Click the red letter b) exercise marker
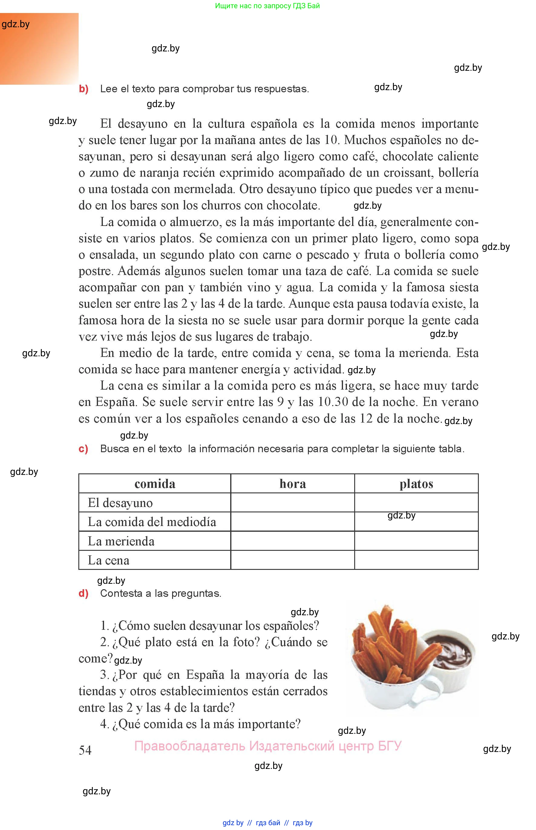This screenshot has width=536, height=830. [x=83, y=89]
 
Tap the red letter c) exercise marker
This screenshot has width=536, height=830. [x=83, y=449]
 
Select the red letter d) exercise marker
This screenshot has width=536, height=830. [x=83, y=593]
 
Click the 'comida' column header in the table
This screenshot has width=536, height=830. [x=155, y=484]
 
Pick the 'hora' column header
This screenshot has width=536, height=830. [x=293, y=484]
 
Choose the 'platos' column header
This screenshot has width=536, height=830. [x=416, y=484]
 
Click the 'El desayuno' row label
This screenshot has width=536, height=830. [x=120, y=503]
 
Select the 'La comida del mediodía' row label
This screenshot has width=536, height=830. [x=152, y=522]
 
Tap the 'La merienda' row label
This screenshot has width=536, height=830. [x=121, y=541]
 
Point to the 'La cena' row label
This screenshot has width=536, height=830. [x=108, y=560]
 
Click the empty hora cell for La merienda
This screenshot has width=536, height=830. [x=293, y=541]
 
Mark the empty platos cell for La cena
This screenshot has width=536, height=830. [x=416, y=560]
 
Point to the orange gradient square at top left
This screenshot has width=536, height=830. [x=39, y=49]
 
